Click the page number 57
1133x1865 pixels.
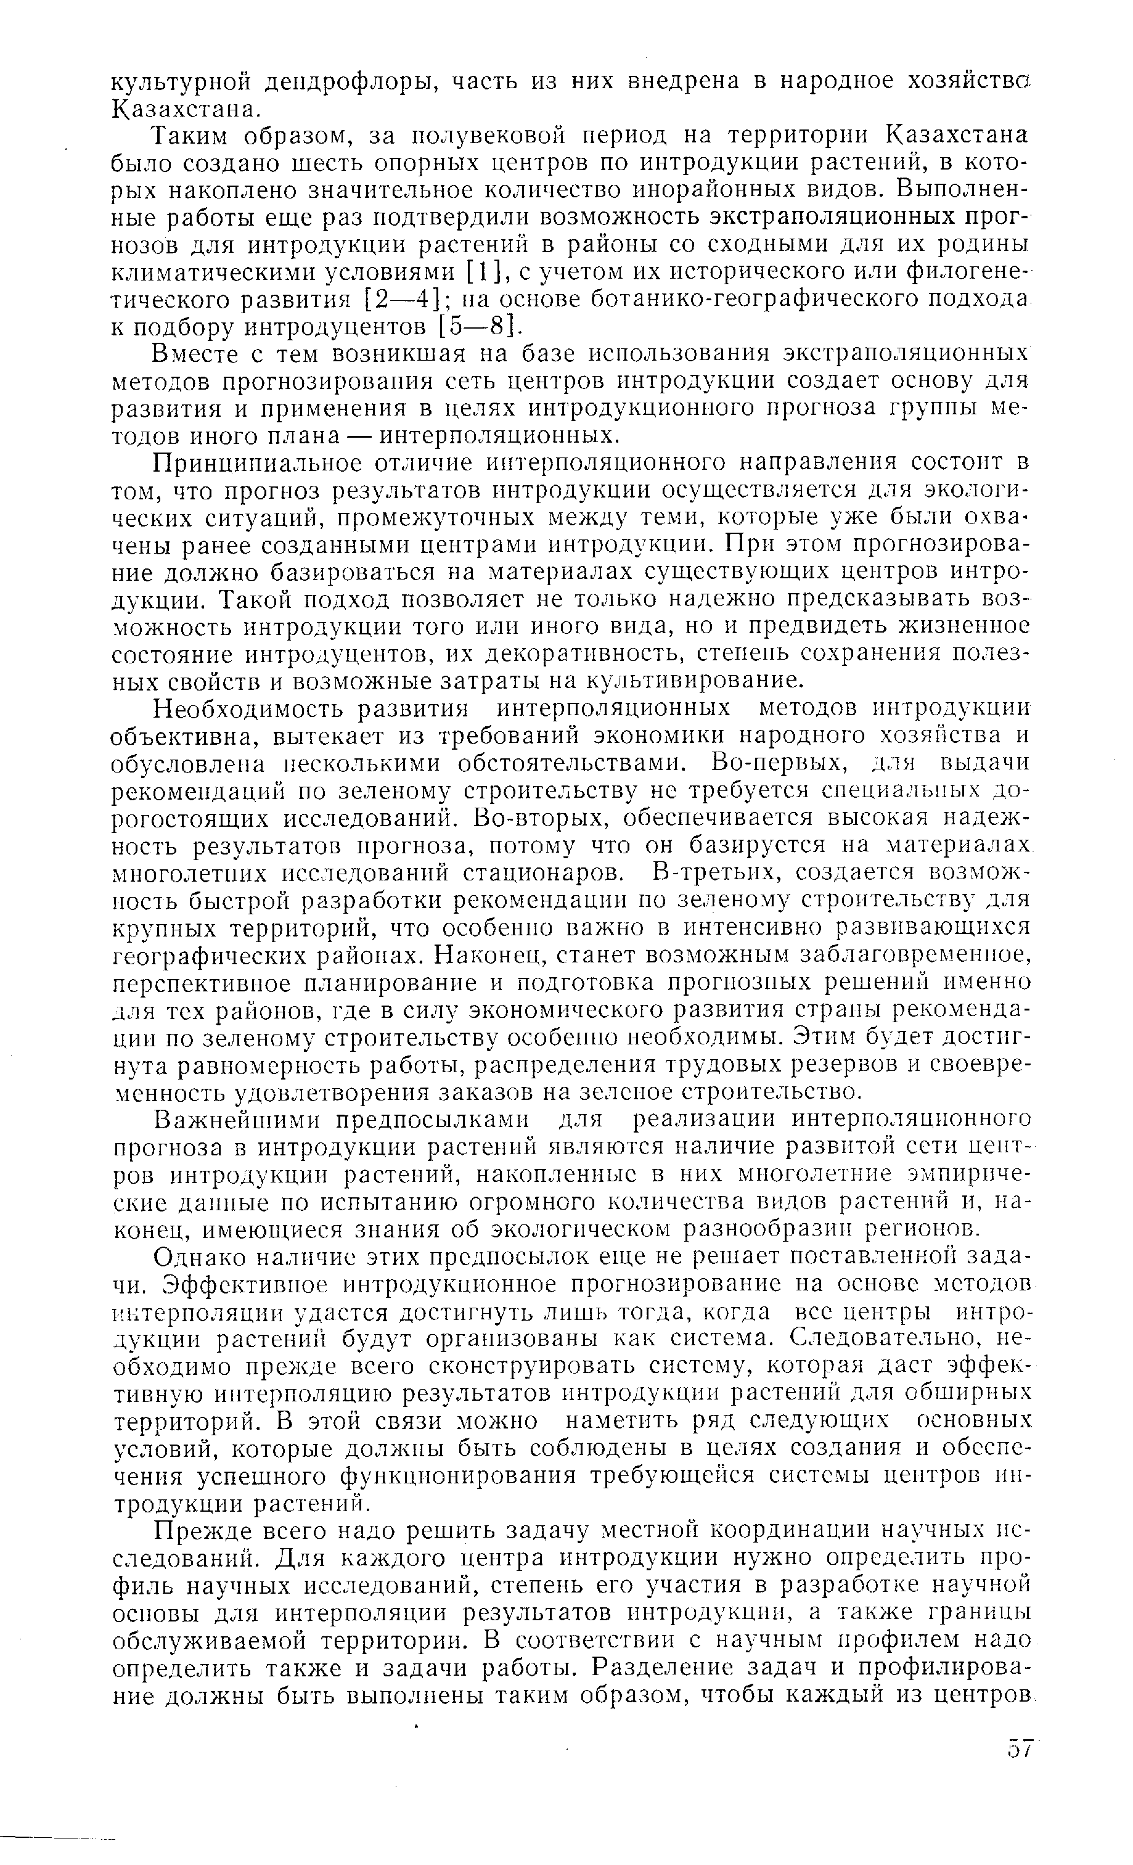(1016, 1748)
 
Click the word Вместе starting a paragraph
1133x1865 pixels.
(198, 355)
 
